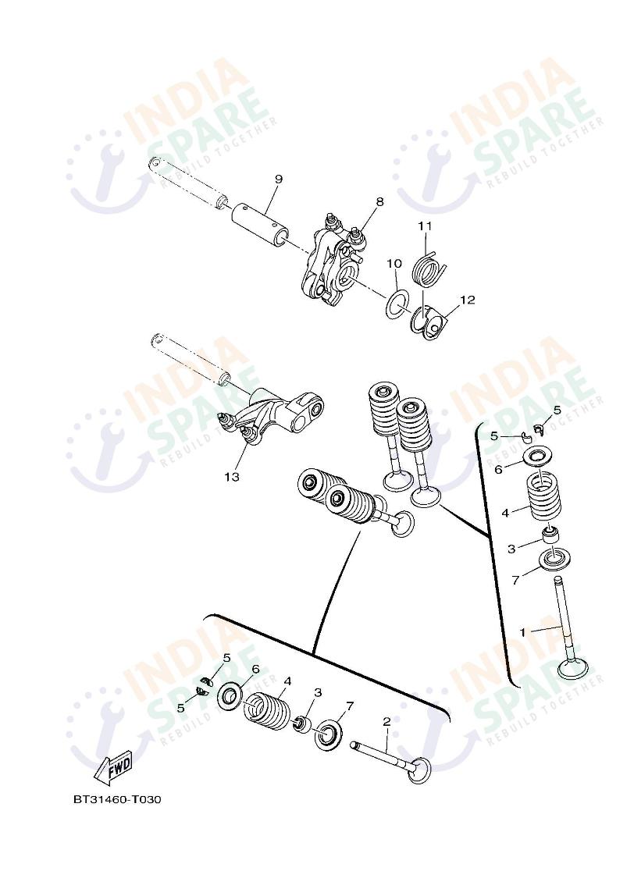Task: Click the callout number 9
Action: tap(278, 180)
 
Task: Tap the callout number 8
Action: tap(379, 202)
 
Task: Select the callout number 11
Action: tap(424, 226)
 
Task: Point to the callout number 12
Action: tap(467, 300)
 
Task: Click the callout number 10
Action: tap(394, 264)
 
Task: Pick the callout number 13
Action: tap(232, 476)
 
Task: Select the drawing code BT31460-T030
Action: tap(117, 799)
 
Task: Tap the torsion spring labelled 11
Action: tap(429, 267)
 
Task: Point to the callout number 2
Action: tap(386, 722)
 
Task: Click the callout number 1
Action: tap(523, 632)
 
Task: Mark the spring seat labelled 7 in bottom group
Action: tap(329, 734)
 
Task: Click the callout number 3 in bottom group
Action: tap(318, 692)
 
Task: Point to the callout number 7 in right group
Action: tap(515, 580)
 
